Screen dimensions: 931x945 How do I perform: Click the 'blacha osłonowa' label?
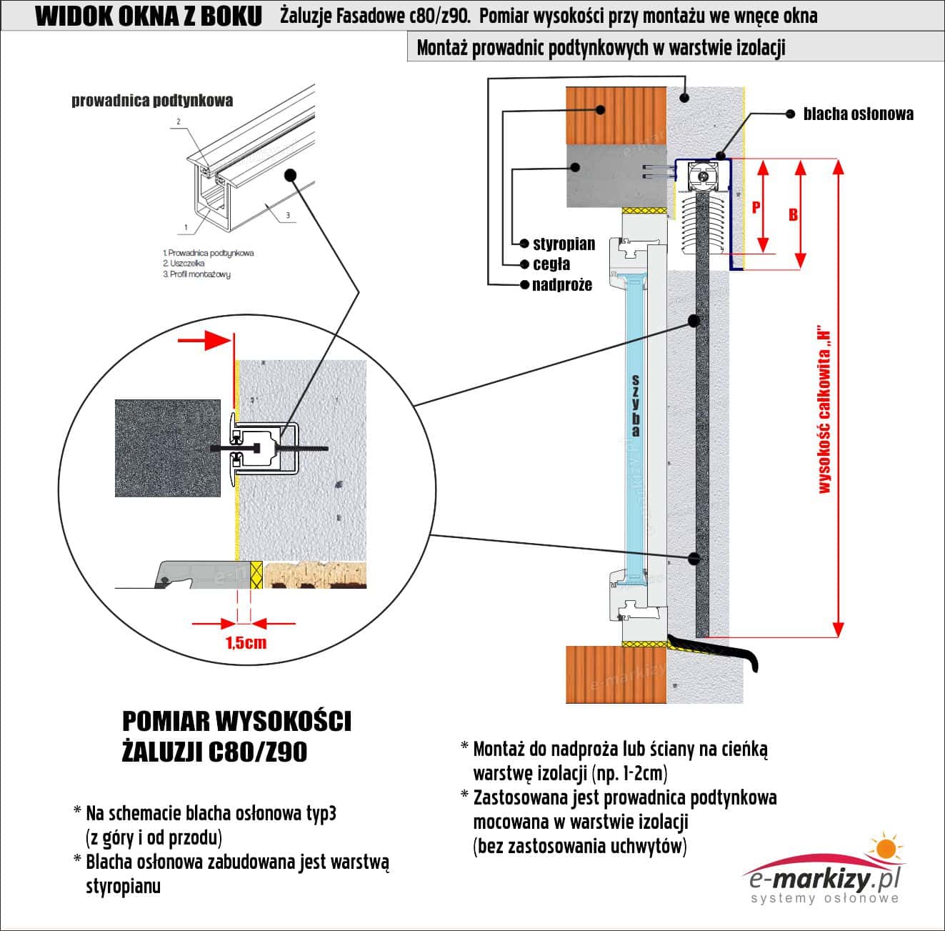(x=858, y=114)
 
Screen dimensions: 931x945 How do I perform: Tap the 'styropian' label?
(x=564, y=244)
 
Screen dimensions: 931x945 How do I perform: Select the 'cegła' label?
(x=551, y=264)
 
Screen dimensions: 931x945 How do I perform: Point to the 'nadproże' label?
(x=562, y=285)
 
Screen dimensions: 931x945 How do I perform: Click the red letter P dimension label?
(x=756, y=207)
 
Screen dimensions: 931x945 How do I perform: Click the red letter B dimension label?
(x=793, y=214)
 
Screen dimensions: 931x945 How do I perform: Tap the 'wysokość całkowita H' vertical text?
(x=825, y=411)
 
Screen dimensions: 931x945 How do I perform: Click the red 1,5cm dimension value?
(x=246, y=643)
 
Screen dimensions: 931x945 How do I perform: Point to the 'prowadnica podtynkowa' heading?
(x=152, y=101)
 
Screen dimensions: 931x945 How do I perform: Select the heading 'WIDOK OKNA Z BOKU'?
(x=149, y=16)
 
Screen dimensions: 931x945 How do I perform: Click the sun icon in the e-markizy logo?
(x=885, y=849)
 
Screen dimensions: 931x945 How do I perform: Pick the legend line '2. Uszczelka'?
(x=183, y=263)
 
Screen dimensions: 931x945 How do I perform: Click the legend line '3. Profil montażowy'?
(x=196, y=274)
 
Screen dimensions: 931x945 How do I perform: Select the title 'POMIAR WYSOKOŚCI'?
(x=236, y=722)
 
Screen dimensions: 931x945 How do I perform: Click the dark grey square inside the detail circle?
(x=168, y=448)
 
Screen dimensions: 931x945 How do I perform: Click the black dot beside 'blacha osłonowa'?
(x=790, y=114)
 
